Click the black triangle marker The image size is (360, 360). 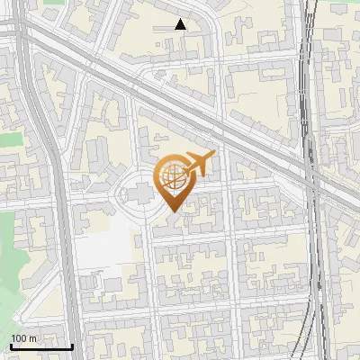[x=180, y=24]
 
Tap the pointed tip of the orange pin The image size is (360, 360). [x=173, y=212]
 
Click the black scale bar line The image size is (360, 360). [x=41, y=346]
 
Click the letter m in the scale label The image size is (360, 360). [x=33, y=338]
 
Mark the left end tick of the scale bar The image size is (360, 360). [x=11, y=345]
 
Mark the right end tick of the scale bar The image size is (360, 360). [x=72, y=345]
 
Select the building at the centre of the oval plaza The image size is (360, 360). [x=140, y=193]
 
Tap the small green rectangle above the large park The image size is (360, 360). [x=9, y=139]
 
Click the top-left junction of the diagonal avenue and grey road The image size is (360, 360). [x=27, y=36]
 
